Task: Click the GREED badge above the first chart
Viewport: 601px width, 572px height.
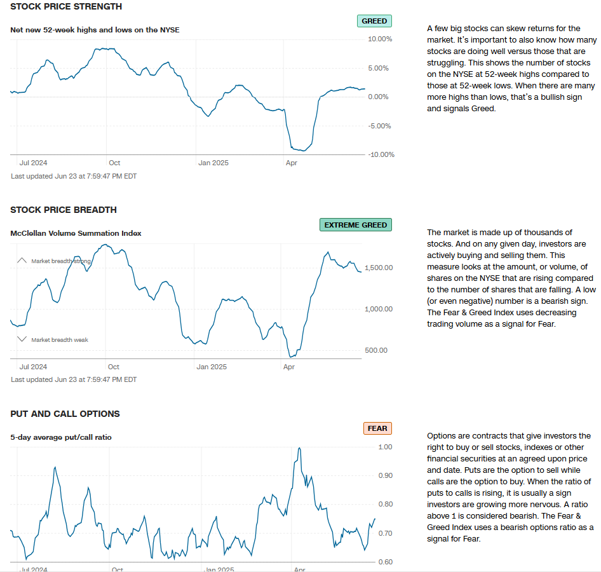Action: pyautogui.click(x=374, y=21)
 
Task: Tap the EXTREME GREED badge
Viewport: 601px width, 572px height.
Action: pyautogui.click(x=355, y=225)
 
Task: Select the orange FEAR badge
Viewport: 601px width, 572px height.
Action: pyautogui.click(x=377, y=428)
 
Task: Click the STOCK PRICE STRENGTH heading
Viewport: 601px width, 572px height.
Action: pyautogui.click(x=66, y=6)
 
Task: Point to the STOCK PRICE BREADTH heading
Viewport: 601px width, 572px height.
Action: pyautogui.click(x=64, y=210)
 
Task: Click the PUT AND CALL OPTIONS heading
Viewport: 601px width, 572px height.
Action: pyautogui.click(x=65, y=414)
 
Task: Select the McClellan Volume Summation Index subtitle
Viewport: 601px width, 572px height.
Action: pyautogui.click(x=76, y=233)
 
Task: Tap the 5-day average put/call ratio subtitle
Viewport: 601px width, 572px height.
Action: pyautogui.click(x=61, y=437)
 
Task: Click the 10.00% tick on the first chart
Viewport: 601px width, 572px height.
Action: pyautogui.click(x=380, y=39)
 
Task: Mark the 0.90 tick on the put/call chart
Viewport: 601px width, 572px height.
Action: pyautogui.click(x=385, y=475)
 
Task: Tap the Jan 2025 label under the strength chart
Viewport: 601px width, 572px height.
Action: pyautogui.click(x=213, y=163)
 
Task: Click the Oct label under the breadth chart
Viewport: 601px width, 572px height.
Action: pyautogui.click(x=113, y=367)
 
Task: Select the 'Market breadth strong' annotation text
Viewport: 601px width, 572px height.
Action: pyautogui.click(x=61, y=261)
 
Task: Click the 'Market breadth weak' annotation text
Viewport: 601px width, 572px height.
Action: pyautogui.click(x=60, y=340)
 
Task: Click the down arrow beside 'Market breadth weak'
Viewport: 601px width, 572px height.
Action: pyautogui.click(x=22, y=339)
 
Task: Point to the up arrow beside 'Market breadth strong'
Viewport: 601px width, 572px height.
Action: pyautogui.click(x=22, y=261)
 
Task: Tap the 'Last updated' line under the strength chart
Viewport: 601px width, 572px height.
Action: pyautogui.click(x=74, y=176)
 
